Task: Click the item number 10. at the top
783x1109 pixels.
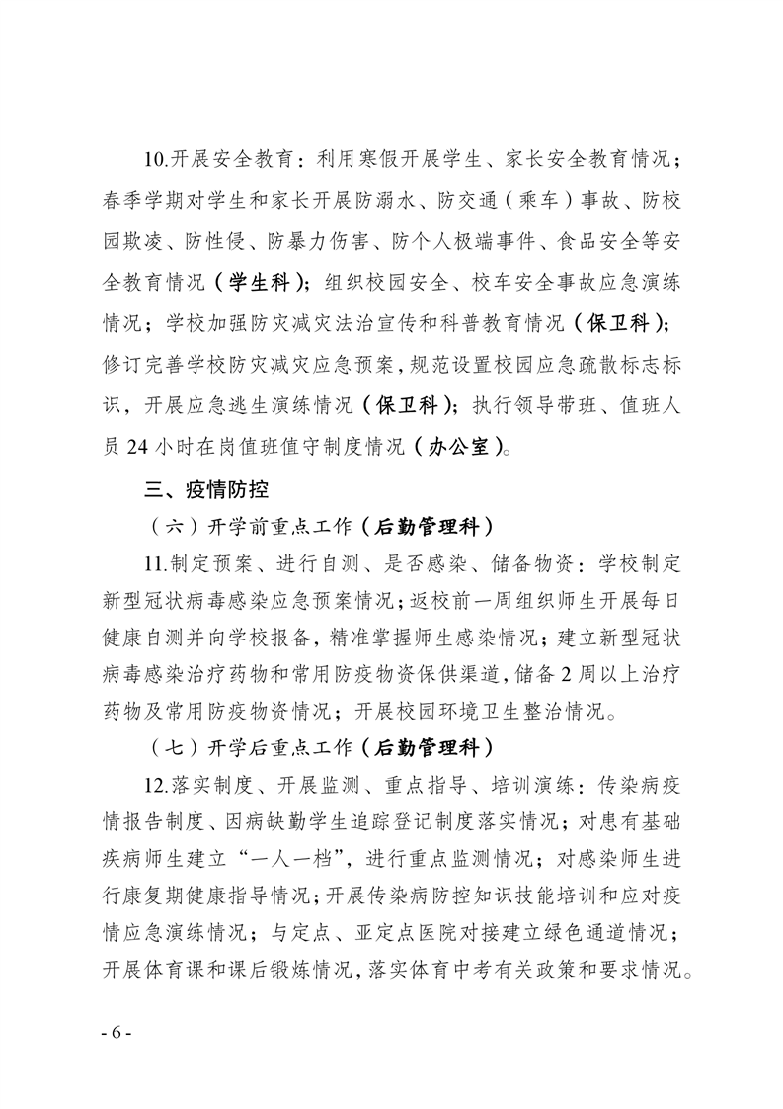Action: pyautogui.click(x=156, y=158)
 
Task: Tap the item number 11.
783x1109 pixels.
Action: pyautogui.click(x=156, y=566)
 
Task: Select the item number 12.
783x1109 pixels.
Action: pyautogui.click(x=156, y=788)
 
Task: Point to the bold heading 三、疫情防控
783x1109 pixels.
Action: pyautogui.click(x=206, y=488)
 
